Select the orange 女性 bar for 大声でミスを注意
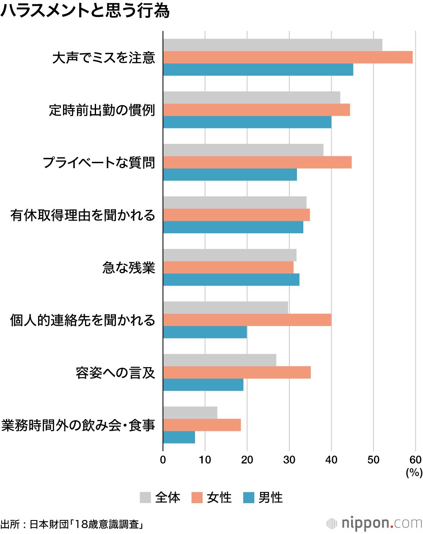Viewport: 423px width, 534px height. (288, 57)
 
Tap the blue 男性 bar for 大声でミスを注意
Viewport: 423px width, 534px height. (258, 69)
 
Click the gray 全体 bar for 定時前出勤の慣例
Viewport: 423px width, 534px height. (252, 98)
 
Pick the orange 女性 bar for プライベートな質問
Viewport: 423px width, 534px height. (257, 162)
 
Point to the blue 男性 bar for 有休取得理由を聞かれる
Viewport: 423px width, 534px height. (233, 227)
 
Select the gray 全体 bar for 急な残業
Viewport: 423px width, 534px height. (230, 255)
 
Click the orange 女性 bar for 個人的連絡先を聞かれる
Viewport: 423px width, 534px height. (247, 320)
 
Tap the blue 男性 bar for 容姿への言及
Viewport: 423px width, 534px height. (203, 384)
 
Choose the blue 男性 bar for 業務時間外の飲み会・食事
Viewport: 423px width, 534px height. (179, 437)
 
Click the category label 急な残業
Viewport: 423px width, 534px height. (129, 268)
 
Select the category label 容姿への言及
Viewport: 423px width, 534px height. (115, 373)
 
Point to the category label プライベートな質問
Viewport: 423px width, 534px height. (99, 163)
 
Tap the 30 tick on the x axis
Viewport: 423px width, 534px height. (289, 460)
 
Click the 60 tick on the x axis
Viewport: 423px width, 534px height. (415, 460)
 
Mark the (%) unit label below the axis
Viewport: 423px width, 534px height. (414, 472)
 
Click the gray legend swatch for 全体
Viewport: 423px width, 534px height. (145, 498)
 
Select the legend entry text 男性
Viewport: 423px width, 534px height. (270, 498)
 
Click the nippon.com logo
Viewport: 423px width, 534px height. (375, 523)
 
